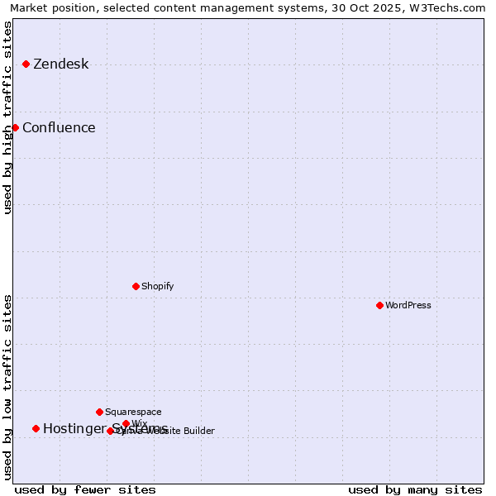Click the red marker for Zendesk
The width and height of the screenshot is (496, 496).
tap(26, 64)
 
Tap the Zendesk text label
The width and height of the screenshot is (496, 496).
tap(60, 64)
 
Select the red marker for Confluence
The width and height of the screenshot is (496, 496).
tap(15, 127)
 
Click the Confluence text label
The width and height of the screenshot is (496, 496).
tap(59, 128)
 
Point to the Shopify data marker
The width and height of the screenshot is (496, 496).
tap(136, 286)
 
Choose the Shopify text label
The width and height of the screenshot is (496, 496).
tap(157, 287)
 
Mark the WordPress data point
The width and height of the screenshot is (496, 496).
tap(379, 305)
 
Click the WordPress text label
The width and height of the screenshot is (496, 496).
tap(408, 306)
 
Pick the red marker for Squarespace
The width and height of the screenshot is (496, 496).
tap(99, 412)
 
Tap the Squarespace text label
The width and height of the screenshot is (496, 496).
tap(133, 413)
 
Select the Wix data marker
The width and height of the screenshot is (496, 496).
tap(126, 423)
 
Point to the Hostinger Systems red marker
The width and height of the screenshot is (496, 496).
tap(36, 428)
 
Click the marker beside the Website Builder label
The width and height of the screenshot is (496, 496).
tap(110, 431)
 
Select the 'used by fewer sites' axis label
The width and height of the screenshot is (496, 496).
tap(85, 489)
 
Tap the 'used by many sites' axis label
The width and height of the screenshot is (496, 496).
tap(415, 489)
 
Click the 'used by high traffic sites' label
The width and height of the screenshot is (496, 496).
tap(8, 117)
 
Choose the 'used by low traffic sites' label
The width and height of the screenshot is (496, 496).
tap(8, 386)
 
